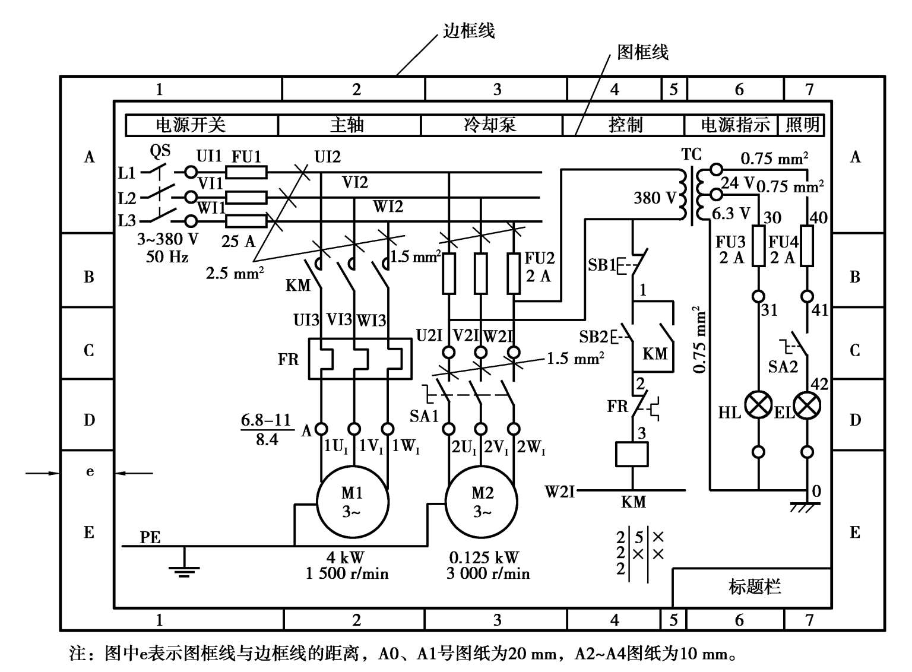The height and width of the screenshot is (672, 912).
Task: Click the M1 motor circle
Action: pyautogui.click(x=352, y=502)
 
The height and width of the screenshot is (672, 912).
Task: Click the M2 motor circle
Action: pyautogui.click(x=482, y=502)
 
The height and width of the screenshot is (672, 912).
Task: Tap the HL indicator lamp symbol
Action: pyautogui.click(x=758, y=406)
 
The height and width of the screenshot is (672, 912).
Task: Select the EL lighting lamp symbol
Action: pyautogui.click(x=807, y=406)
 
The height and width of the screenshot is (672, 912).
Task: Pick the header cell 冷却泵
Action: pyautogui.click(x=490, y=125)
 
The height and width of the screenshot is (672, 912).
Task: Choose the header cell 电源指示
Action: pyautogui.click(x=735, y=125)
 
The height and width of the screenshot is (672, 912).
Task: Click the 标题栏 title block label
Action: pyautogui.click(x=755, y=587)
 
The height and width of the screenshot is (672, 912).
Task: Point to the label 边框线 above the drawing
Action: pyautogui.click(x=469, y=31)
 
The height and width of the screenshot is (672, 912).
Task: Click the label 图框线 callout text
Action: pyautogui.click(x=643, y=52)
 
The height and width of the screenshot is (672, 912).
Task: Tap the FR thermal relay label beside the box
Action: pyautogui.click(x=289, y=360)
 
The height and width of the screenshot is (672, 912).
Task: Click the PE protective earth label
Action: pyautogui.click(x=150, y=537)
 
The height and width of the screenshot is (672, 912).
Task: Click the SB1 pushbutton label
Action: pyautogui.click(x=601, y=265)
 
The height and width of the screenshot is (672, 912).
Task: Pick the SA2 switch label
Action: pyautogui.click(x=783, y=366)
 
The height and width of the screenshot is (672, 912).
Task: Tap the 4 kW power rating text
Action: pyautogui.click(x=345, y=557)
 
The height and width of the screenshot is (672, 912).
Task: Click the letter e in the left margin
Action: pyautogui.click(x=90, y=473)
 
